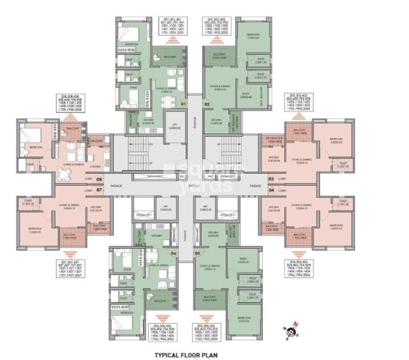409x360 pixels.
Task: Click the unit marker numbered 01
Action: (184, 103)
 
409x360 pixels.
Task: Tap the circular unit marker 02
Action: (207, 103)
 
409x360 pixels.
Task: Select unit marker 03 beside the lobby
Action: (271, 178)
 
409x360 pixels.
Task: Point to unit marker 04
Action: (271, 191)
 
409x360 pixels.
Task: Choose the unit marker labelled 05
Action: (197, 253)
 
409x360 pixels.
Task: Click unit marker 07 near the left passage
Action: (99, 191)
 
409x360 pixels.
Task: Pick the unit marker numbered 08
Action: (99, 178)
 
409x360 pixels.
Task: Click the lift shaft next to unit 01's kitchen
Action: (174, 125)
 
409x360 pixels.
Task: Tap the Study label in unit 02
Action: (245, 95)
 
